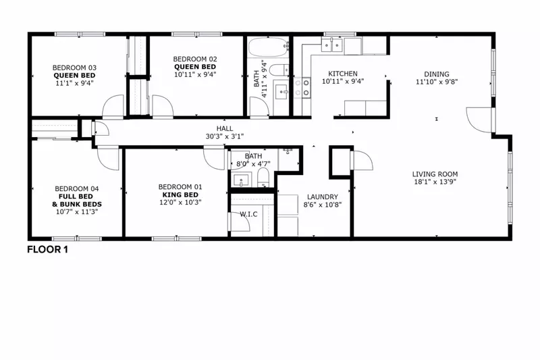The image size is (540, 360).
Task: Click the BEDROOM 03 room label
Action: (x=75, y=67)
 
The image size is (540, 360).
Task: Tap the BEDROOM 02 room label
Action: (x=195, y=58)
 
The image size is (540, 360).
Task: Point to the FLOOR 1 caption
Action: (x=47, y=249)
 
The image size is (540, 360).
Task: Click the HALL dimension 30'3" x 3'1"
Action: (x=225, y=136)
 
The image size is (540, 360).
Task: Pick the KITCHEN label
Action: (x=343, y=74)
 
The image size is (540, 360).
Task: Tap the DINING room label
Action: (x=437, y=74)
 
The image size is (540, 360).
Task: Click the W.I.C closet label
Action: (x=248, y=214)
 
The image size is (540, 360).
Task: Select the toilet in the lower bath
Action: (x=263, y=178)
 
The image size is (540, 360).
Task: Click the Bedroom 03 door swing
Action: (x=113, y=106)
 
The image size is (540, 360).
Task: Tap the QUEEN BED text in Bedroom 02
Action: (x=195, y=67)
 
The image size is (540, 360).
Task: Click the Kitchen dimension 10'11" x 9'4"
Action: (x=343, y=82)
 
